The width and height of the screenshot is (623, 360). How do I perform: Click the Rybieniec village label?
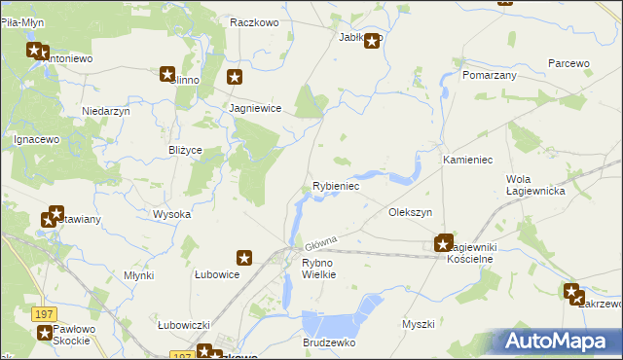336,186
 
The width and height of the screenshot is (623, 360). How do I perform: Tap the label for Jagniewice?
255,109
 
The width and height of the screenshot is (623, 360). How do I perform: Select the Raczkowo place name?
255,21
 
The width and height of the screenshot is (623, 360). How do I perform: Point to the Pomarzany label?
490,75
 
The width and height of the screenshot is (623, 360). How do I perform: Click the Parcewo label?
568,63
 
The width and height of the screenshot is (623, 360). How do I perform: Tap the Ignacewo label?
38,139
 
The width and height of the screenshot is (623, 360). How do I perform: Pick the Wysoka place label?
171,214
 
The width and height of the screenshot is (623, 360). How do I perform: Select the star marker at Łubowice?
244,258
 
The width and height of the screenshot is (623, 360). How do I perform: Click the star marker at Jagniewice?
235,77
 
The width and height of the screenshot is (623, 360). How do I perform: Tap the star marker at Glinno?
167,74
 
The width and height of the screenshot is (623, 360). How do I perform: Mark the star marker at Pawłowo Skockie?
45,333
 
